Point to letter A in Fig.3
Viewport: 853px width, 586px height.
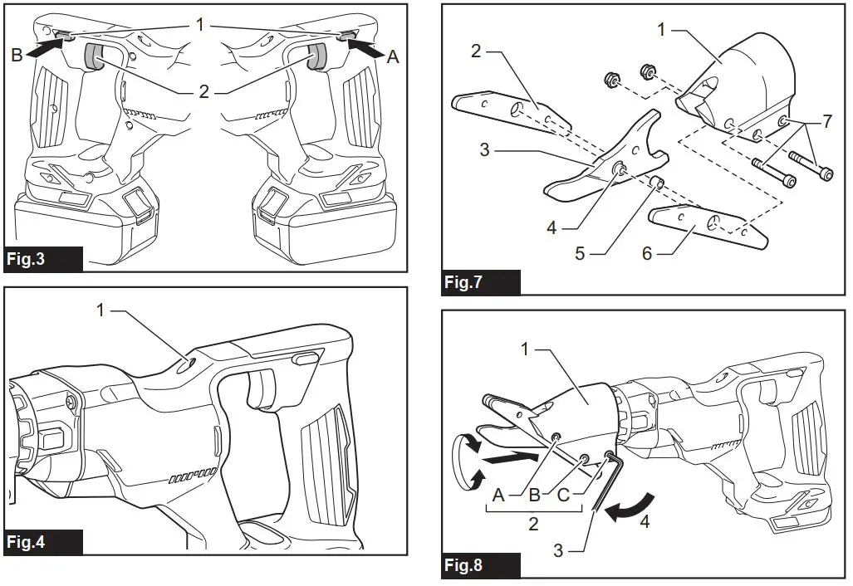pyautogui.click(x=394, y=57)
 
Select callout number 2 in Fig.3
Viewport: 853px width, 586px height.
pyautogui.click(x=203, y=91)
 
